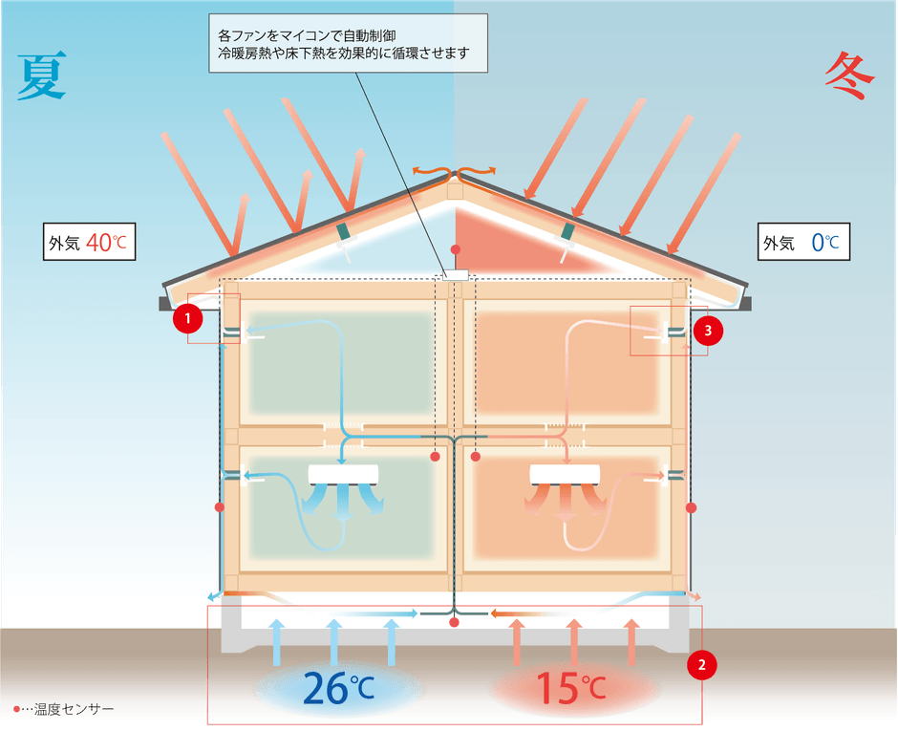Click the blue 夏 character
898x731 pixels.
tap(42, 76)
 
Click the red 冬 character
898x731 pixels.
tap(850, 75)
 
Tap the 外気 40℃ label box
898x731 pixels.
tap(90, 242)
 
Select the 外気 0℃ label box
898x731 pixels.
tap(803, 242)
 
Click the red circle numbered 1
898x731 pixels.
tap(188, 318)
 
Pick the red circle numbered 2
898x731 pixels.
tap(701, 664)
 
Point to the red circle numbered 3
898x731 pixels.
tap(708, 331)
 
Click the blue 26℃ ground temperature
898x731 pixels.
tap(338, 688)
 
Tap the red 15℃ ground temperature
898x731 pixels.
tap(570, 688)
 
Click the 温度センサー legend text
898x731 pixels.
tap(74, 709)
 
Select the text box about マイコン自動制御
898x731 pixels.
tap(348, 44)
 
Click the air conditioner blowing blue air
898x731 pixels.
tap(343, 475)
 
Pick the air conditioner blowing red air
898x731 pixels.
tap(565, 475)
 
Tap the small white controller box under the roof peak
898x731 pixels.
tap(456, 275)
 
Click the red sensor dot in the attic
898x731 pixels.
tap(456, 249)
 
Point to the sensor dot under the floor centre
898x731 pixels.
tap(454, 622)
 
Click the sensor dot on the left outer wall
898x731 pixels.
tap(220, 507)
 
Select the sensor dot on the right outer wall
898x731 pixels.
tap(692, 507)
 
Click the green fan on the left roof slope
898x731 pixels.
tap(344, 231)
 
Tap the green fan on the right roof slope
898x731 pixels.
tap(567, 231)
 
